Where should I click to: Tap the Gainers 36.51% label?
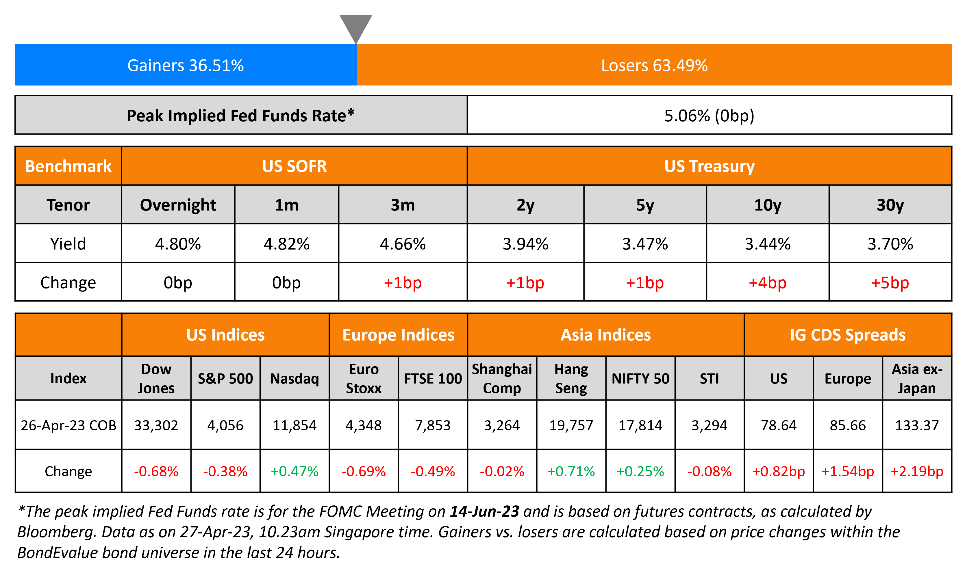tap(186, 65)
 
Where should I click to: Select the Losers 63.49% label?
tap(654, 65)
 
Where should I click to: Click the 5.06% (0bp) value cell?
tap(709, 116)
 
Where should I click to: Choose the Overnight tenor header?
tap(178, 205)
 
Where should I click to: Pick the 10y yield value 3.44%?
tap(767, 244)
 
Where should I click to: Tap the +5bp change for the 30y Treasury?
tap(890, 283)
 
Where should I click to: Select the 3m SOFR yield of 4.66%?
tap(403, 244)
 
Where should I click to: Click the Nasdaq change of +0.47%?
tap(294, 471)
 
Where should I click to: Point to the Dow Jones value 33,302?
tap(156, 425)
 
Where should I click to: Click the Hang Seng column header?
tap(571, 378)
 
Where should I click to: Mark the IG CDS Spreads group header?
tap(848, 335)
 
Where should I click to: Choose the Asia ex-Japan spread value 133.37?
tap(917, 425)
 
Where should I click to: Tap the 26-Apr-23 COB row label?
tap(68, 425)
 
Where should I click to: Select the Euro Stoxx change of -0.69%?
tap(364, 471)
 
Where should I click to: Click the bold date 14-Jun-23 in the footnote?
tap(484, 511)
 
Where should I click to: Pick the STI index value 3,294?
tap(709, 425)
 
